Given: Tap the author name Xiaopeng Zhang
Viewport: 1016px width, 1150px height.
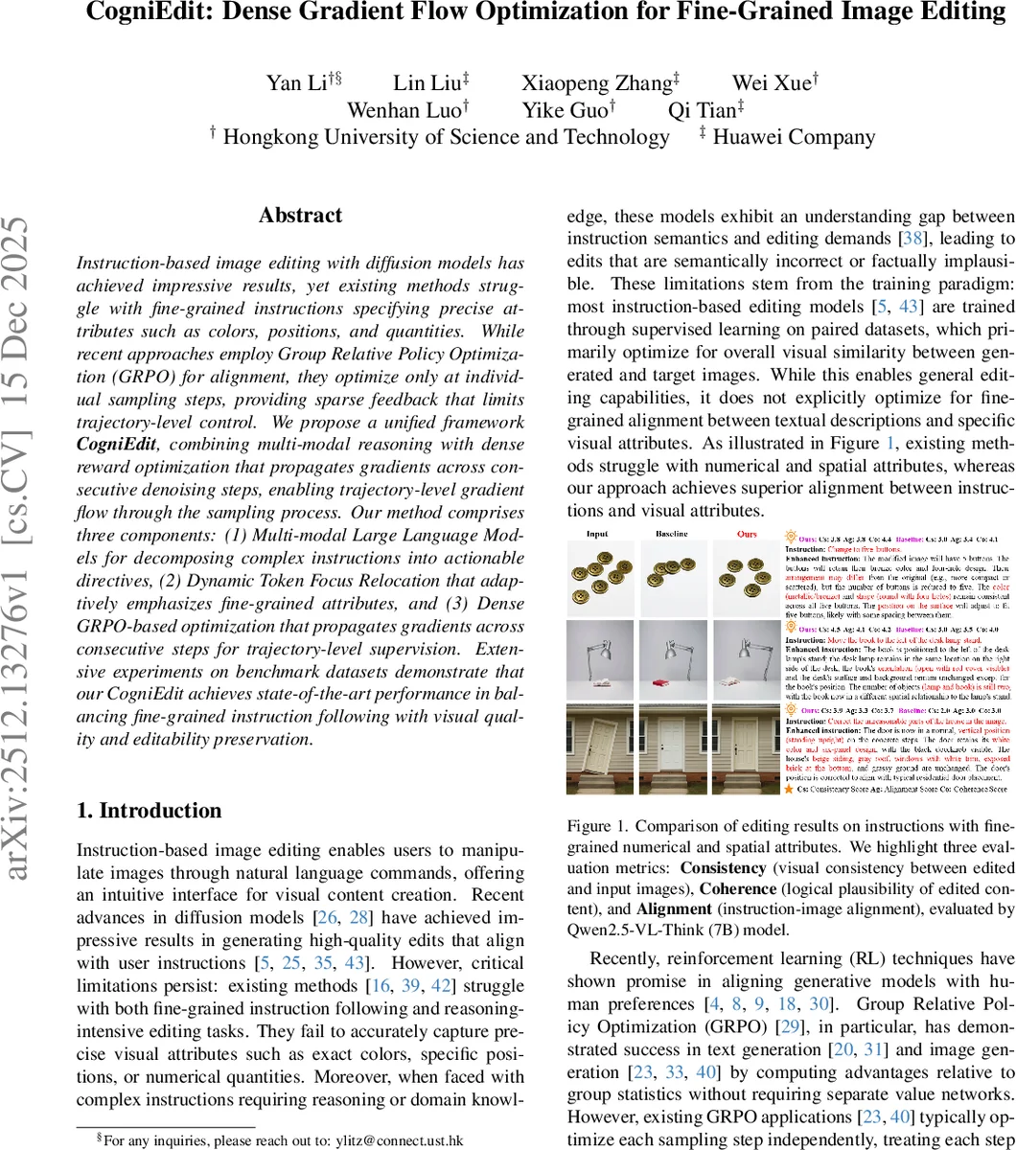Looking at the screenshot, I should coord(595,82).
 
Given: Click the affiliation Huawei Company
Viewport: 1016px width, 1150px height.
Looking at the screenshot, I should coord(794,137).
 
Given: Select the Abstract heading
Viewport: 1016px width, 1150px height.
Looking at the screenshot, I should coord(300,216).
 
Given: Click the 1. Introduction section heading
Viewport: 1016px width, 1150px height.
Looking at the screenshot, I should coord(149,811).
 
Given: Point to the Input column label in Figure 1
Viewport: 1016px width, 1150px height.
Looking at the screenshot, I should coord(598,534).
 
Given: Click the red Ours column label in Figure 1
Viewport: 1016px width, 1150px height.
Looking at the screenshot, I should coord(747,534).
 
